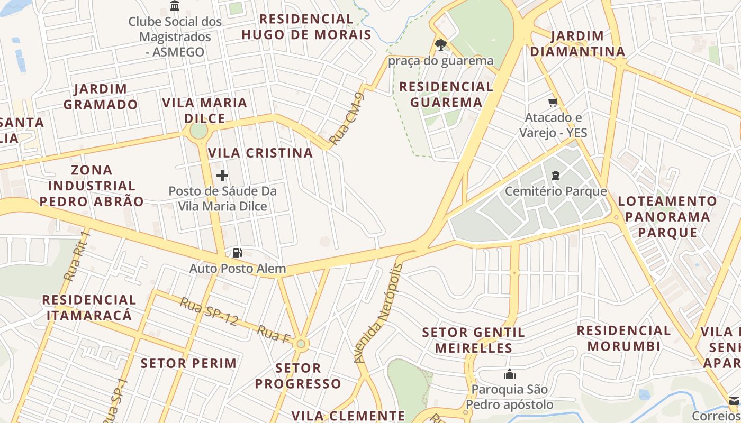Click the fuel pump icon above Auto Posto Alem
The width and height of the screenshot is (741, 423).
point(238,253)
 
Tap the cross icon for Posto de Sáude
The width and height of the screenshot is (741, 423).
point(222,176)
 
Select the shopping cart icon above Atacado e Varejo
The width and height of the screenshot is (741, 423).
point(553,102)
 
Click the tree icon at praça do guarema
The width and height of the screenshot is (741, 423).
point(440,45)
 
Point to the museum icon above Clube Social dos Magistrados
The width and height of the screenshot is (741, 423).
point(175,6)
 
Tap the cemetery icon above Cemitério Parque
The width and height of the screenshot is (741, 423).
point(556,176)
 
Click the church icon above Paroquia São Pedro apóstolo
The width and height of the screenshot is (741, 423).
point(510,374)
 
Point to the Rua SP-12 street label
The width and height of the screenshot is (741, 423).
point(209,311)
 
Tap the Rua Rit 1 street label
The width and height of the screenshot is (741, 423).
point(77,256)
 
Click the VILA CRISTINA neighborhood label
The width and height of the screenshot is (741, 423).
point(260,153)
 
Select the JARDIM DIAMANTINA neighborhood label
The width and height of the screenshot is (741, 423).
point(577,44)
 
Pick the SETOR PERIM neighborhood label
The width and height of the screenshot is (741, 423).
point(188,363)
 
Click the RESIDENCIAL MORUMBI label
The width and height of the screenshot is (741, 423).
point(624,338)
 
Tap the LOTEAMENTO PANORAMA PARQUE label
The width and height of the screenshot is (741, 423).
point(667,217)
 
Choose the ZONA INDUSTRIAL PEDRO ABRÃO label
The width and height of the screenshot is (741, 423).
point(92,186)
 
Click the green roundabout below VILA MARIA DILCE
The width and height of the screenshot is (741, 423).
point(198,130)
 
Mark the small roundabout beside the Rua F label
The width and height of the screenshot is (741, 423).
point(301,344)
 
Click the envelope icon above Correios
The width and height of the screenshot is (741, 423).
point(734,400)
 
